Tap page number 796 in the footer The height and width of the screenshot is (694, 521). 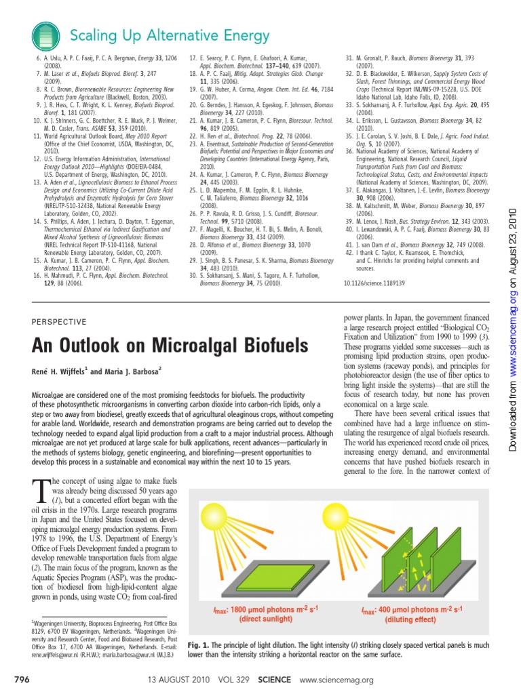tap(23, 680)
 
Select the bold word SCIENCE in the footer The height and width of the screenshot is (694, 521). tap(270, 680)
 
